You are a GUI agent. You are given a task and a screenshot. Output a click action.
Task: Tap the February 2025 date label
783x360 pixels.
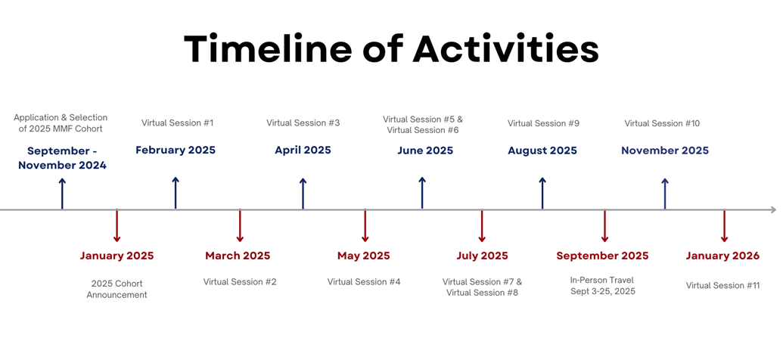[x=176, y=150]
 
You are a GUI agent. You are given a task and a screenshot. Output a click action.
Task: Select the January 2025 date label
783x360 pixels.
[x=117, y=256]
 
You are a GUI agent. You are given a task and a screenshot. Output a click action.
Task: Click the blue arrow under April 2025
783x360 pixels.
[x=303, y=193]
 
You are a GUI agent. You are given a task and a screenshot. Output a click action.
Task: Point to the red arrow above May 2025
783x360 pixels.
[x=365, y=226]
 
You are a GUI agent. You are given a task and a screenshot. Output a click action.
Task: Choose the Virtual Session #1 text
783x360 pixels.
[x=177, y=123]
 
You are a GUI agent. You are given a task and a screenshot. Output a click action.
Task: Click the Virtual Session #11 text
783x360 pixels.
[x=722, y=286]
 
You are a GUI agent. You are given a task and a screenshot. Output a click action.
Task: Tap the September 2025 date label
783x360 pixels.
[x=602, y=256]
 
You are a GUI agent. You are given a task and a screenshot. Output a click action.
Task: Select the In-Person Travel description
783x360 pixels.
[x=603, y=286]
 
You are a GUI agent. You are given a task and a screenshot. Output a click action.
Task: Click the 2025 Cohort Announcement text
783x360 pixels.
[x=117, y=288]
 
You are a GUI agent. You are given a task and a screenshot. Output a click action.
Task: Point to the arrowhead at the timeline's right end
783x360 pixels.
[x=773, y=209]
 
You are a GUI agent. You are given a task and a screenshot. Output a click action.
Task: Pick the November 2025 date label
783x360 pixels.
[x=665, y=151]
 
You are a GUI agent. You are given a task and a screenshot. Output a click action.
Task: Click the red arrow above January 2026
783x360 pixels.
[x=724, y=226]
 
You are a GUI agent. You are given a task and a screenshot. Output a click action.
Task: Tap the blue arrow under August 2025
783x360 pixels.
[x=542, y=193]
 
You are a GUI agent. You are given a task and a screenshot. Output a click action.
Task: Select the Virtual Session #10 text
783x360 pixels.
[x=662, y=123]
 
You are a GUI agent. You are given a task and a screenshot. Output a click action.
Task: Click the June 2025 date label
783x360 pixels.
[x=425, y=151]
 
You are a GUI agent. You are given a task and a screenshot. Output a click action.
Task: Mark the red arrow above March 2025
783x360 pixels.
[x=240, y=226]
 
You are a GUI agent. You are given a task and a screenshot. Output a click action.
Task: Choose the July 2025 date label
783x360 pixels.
[x=482, y=256]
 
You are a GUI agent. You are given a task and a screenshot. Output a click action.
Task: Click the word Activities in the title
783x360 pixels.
[x=506, y=49]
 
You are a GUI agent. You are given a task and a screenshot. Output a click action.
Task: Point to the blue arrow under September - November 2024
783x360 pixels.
[x=62, y=193]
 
